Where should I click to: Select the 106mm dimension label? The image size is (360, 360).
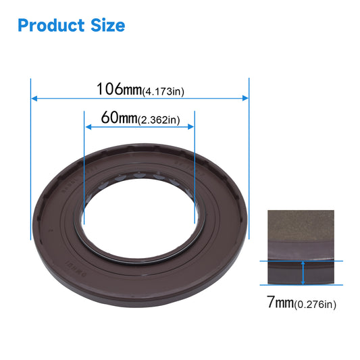pos(118,88)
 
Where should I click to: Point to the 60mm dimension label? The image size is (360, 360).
pos(119,118)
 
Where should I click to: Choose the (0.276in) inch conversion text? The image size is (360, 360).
pos(315,305)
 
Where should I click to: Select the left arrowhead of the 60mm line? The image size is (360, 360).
pos(87,127)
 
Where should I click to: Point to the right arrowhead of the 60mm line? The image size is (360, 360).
pos(191,127)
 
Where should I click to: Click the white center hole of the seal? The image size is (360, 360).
pos(138,216)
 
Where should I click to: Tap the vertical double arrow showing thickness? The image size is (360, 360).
pos(303,273)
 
